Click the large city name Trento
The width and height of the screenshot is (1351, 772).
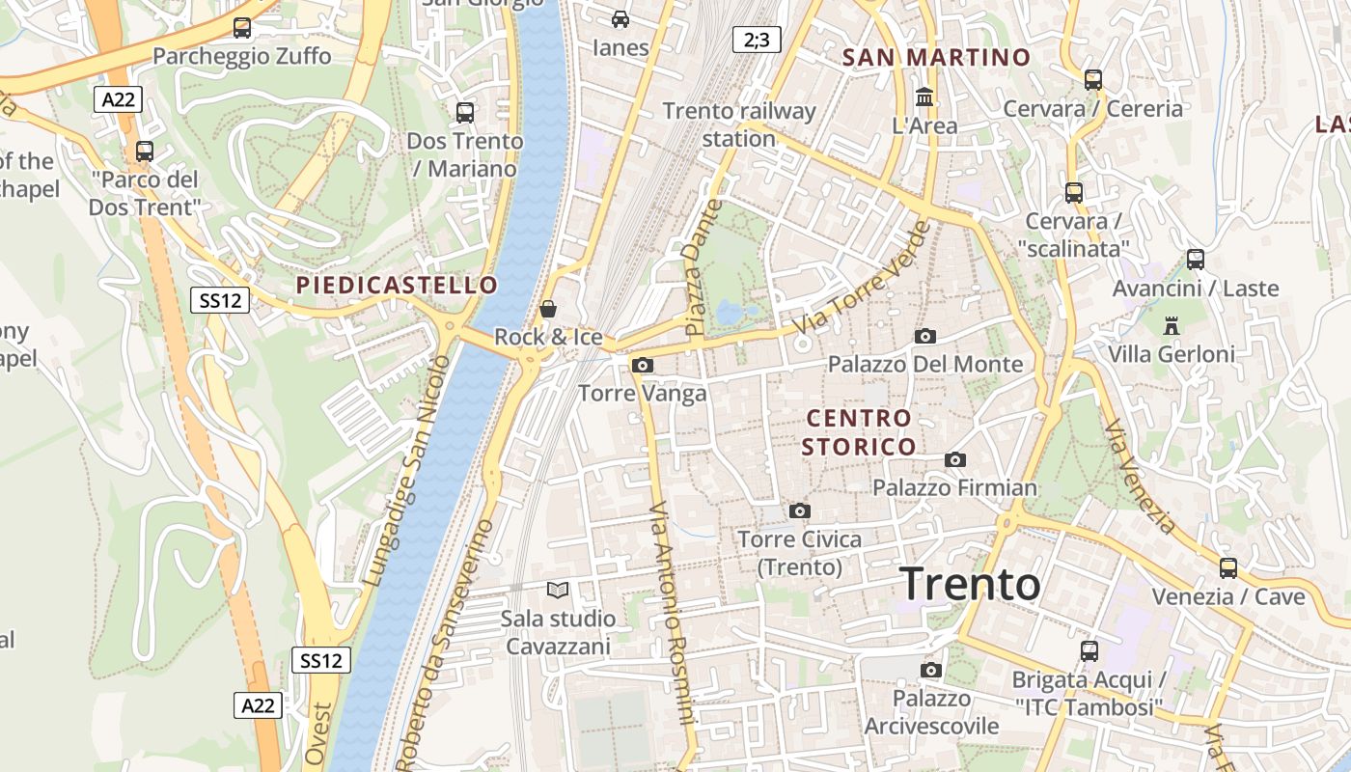[970, 585]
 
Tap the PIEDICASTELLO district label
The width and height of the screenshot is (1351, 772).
[397, 286]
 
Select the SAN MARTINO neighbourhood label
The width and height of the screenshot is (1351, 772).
[936, 57]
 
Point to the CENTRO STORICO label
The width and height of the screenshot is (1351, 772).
[859, 432]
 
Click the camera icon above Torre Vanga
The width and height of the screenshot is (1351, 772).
[642, 365]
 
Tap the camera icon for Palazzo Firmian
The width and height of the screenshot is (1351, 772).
[955, 459]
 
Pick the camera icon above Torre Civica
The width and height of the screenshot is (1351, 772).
[799, 510]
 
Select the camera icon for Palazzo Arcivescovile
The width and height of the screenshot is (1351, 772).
[931, 670]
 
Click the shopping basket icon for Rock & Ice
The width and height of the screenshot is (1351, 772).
[548, 309]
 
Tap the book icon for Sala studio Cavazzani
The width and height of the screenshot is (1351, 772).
[558, 590]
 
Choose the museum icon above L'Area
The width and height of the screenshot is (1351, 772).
[924, 96]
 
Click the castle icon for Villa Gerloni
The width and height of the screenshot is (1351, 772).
[1172, 325]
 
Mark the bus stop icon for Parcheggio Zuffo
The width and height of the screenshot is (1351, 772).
[241, 28]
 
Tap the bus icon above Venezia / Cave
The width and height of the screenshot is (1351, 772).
[1227, 567]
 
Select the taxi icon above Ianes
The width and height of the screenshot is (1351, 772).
[620, 18]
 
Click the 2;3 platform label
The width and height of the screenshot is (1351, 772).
[756, 40]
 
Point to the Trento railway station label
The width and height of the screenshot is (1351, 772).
[739, 124]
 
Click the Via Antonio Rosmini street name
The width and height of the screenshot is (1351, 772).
[673, 614]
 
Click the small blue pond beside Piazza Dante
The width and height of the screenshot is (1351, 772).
[730, 313]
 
